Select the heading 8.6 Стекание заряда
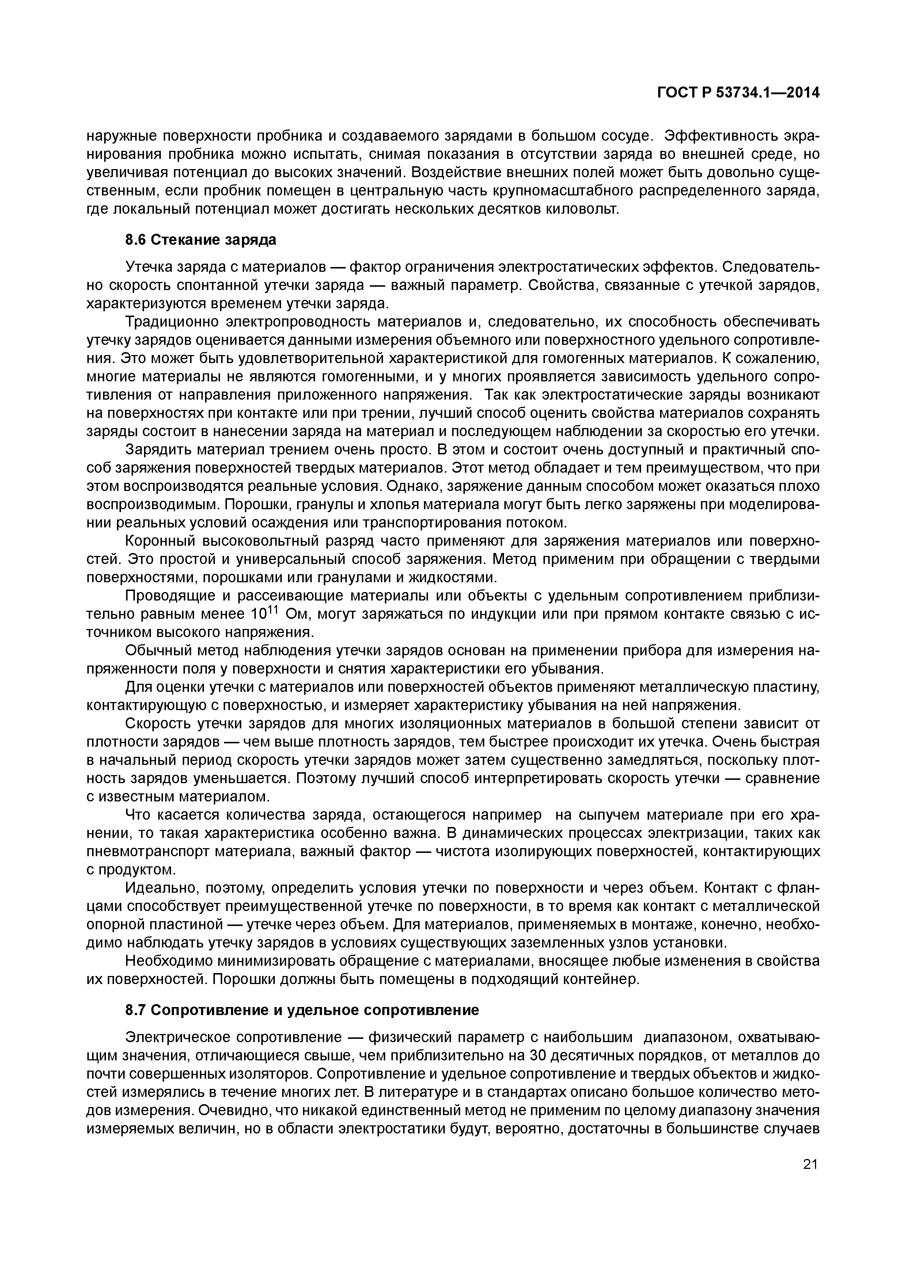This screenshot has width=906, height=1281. click(200, 240)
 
